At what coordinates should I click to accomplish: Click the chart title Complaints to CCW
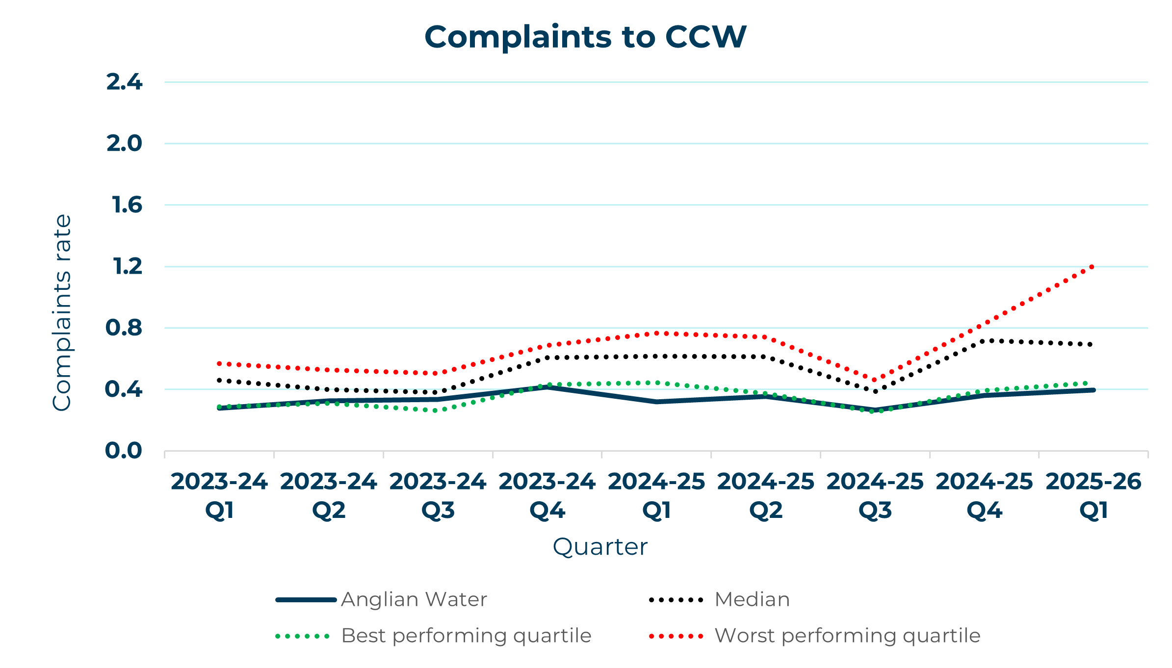coord(585,37)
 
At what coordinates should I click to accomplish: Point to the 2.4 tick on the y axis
coord(124,82)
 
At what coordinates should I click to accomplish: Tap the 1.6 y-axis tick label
coord(127,205)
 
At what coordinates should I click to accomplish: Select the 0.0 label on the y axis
coord(123,451)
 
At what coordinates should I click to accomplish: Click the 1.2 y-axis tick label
coord(127,266)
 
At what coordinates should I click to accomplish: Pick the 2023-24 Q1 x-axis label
coord(219,496)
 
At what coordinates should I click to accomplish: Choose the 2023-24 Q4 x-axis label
coord(547,496)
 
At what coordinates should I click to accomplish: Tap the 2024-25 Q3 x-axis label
coord(875,496)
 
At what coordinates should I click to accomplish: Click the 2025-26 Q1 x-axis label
coord(1094,496)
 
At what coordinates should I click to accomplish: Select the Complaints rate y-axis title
coord(62,312)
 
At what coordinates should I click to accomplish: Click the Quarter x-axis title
coord(600,547)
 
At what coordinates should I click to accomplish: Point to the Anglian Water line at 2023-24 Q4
coord(547,387)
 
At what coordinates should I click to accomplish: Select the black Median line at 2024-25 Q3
coord(875,391)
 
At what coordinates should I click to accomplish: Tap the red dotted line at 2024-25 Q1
coord(656,334)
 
